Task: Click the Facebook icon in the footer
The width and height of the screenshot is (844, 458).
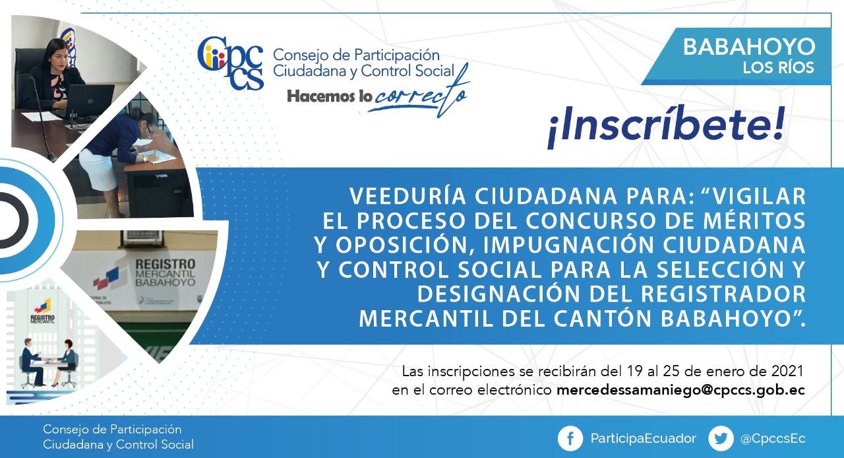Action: pyautogui.click(x=570, y=438)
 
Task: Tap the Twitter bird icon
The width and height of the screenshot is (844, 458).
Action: pyautogui.click(x=721, y=438)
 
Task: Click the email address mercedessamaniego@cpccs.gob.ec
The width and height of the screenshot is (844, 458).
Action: pyautogui.click(x=680, y=390)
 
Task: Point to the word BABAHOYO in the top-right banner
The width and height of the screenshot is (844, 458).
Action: pyautogui.click(x=749, y=47)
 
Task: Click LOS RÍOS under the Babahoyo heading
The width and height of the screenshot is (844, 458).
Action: pyautogui.click(x=779, y=68)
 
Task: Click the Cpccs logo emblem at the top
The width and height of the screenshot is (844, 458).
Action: pyautogui.click(x=230, y=63)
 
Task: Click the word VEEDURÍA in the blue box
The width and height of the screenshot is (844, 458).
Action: pyautogui.click(x=408, y=196)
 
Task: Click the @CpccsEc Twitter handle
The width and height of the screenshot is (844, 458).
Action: pyautogui.click(x=773, y=439)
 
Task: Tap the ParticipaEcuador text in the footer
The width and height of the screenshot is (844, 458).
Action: pyautogui.click(x=643, y=438)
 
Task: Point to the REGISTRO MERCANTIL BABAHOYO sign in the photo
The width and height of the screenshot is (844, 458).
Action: pyautogui.click(x=165, y=273)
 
